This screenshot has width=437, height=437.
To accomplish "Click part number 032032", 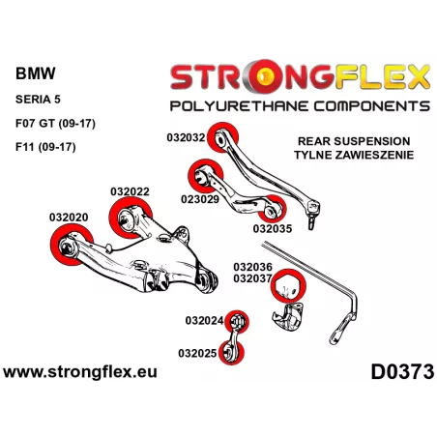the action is tap(186, 137).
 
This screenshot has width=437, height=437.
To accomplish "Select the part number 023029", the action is tap(200, 199).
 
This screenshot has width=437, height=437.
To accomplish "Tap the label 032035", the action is tap(273, 229).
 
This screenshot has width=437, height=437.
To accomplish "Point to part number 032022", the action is tap(130, 191).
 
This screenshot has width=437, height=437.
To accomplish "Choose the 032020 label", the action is tap(69, 218).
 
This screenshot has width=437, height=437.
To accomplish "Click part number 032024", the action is tap(204, 321).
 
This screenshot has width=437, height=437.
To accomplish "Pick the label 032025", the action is tap(197, 353).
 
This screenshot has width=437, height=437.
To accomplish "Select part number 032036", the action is tap(253, 267).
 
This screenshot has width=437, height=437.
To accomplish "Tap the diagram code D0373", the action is tap(402, 371).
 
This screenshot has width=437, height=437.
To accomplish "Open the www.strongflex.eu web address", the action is tap(80, 372).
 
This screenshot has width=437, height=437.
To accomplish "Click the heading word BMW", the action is tap(36, 73).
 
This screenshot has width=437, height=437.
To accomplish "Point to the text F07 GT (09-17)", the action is tap(55, 124).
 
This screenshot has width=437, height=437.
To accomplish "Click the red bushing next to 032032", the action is tap(222, 137).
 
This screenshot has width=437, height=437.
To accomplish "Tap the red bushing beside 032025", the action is tap(231, 352).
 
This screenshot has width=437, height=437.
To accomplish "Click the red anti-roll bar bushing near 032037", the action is tap(288, 285).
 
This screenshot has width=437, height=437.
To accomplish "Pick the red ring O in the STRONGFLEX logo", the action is tap(266, 76).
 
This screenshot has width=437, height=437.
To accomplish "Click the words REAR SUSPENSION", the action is tap(354, 141).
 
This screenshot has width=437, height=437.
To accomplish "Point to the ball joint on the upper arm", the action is tap(312, 213).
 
